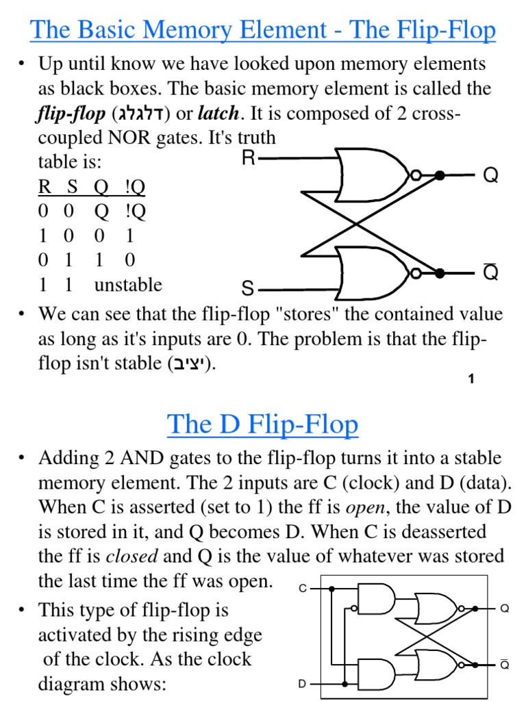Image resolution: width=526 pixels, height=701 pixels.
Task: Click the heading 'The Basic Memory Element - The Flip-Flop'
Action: [263, 30]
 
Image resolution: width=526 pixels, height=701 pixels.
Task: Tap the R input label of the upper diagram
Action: [249, 159]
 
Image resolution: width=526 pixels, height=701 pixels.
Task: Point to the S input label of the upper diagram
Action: [248, 288]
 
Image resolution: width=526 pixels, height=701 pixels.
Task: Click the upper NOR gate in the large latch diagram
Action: [374, 175]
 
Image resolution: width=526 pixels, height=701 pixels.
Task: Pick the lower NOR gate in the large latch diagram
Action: [374, 272]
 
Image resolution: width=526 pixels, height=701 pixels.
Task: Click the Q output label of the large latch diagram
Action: [490, 176]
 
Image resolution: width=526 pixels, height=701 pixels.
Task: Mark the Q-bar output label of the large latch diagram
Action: [490, 272]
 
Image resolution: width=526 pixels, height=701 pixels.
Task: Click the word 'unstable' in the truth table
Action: [128, 285]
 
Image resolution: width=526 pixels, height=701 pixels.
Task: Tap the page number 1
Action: [471, 379]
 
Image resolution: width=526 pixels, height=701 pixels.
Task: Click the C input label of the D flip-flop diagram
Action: [303, 588]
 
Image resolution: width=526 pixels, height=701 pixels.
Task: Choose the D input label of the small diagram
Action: [302, 684]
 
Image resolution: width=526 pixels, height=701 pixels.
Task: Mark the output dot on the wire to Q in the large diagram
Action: [440, 176]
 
